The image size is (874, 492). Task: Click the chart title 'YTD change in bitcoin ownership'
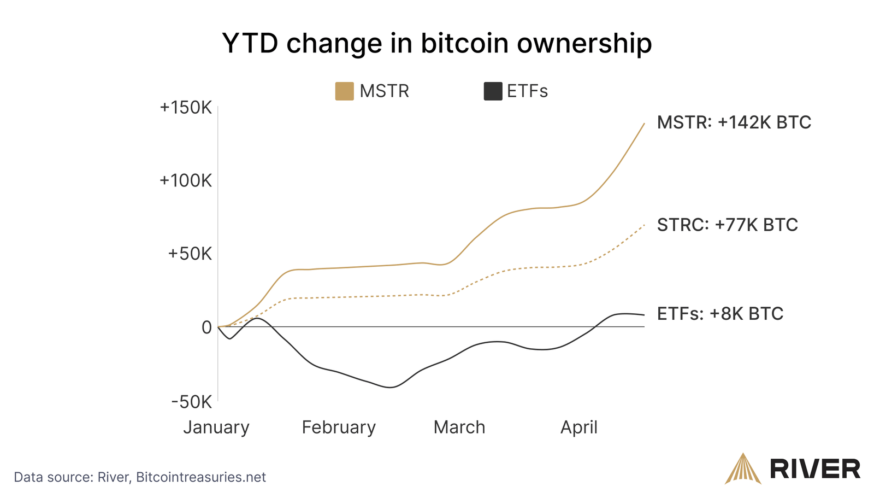click(436, 43)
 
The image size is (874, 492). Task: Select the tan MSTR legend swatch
click(344, 91)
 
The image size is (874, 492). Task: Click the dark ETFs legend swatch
click(493, 91)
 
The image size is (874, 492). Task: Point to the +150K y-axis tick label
click(185, 108)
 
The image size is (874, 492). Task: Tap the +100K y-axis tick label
click(185, 180)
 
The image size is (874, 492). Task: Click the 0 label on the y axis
click(206, 327)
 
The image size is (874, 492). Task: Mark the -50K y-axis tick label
click(191, 402)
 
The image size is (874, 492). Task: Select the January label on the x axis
click(216, 427)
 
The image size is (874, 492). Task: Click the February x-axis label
click(339, 427)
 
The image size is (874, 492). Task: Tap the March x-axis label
click(459, 427)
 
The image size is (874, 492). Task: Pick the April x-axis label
click(579, 427)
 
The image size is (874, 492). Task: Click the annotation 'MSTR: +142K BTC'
click(734, 122)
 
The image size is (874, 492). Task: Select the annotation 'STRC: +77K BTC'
click(727, 225)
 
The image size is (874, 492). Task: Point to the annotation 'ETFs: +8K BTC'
click(720, 314)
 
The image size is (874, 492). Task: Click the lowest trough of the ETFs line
click(391, 387)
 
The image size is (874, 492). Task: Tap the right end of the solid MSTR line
click(644, 124)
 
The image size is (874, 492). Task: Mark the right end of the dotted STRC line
click(644, 225)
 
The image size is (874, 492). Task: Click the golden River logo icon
click(742, 468)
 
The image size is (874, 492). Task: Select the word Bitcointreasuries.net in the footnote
click(200, 477)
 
